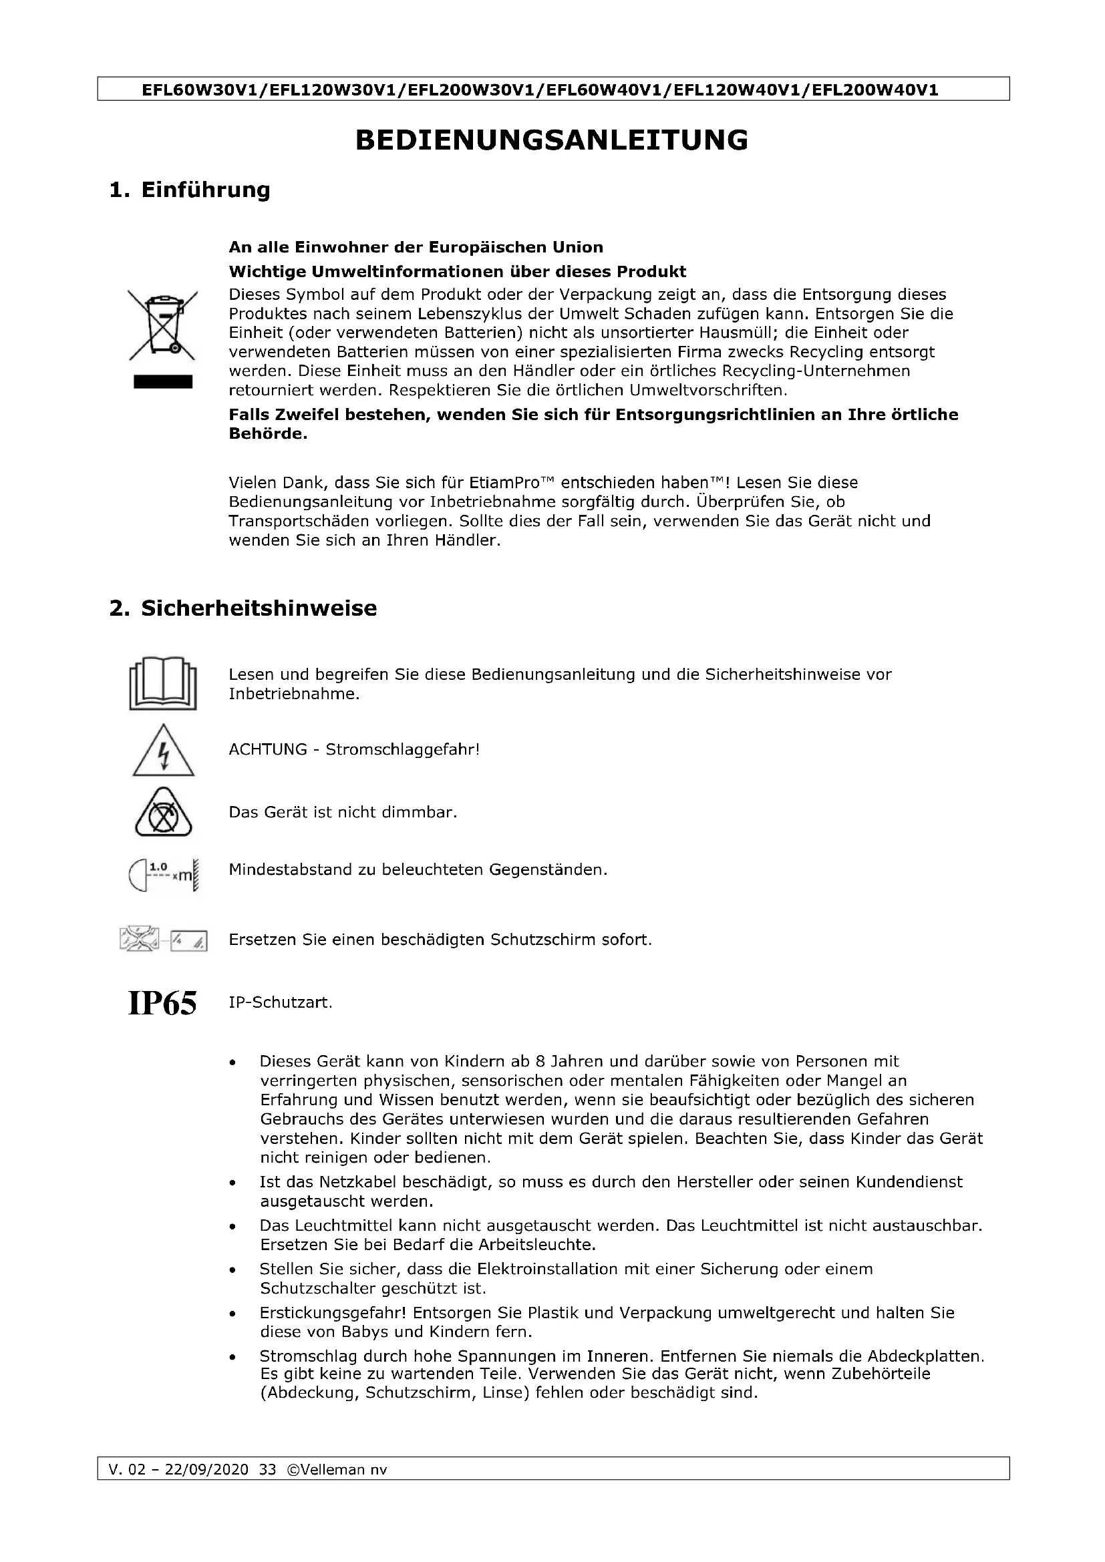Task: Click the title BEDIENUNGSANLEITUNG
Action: (552, 140)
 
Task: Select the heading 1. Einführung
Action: (190, 190)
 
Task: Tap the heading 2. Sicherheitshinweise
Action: (243, 608)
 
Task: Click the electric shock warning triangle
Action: (163, 752)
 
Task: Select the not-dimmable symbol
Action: (163, 814)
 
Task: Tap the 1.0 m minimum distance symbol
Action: (163, 872)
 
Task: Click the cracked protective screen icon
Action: (163, 940)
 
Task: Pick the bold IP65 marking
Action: (162, 1004)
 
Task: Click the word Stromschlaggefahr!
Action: (403, 750)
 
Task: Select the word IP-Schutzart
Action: (281, 1004)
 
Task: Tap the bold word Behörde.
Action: (267, 434)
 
